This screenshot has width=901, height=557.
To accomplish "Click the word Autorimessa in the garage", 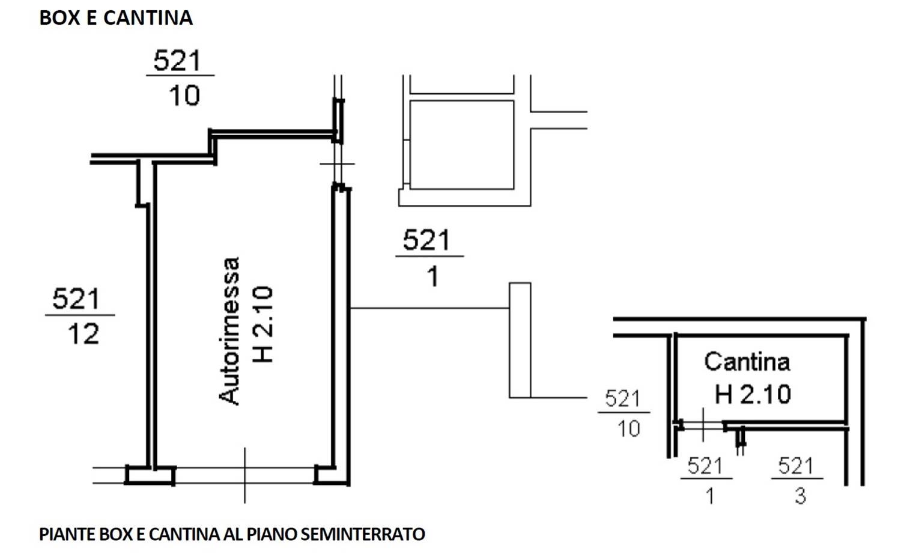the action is [x=229, y=331].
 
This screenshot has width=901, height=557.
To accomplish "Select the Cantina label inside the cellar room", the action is [x=747, y=361].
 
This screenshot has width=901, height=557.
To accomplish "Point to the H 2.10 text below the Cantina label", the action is [x=753, y=394].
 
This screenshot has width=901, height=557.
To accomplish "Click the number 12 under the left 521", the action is [x=83, y=334].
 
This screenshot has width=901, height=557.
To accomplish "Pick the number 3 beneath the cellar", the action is [x=801, y=496].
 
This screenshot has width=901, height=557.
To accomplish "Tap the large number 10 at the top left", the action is [x=184, y=96].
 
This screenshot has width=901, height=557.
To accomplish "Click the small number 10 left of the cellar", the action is [x=629, y=428].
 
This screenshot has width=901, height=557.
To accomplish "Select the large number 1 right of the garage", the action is [x=433, y=277].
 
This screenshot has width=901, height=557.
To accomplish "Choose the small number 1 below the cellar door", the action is [x=711, y=496].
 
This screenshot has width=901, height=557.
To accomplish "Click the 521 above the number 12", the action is [x=76, y=299].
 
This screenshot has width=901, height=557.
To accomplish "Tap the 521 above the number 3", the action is [x=796, y=466].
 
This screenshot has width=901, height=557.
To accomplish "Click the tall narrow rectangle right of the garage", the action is [x=520, y=341].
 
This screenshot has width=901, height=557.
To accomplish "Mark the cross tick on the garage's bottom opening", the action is [x=245, y=475].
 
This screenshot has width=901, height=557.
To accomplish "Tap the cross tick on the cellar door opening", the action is [x=703, y=425].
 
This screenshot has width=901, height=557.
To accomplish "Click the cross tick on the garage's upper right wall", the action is [x=338, y=164].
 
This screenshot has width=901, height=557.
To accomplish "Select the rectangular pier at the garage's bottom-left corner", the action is [x=150, y=475].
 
